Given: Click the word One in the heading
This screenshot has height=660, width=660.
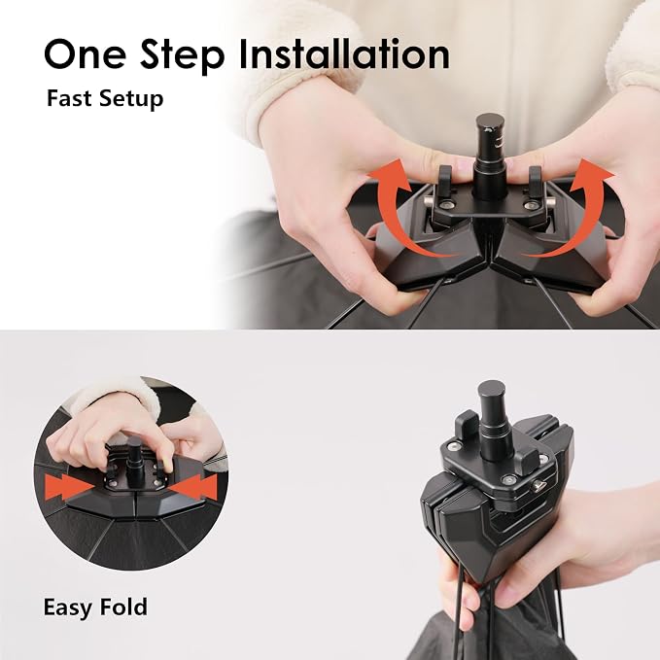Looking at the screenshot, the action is (x=85, y=53).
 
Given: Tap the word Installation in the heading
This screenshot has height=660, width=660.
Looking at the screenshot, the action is (x=344, y=53).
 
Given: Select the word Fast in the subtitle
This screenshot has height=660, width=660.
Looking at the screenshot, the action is (x=69, y=98).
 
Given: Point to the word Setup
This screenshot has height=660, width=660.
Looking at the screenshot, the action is (x=131, y=100).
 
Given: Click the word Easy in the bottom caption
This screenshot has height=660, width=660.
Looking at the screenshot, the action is (x=66, y=608).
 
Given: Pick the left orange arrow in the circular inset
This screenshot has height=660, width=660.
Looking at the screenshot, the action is (x=69, y=487).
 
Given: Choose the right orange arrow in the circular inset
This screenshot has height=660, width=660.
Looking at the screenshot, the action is (x=194, y=487).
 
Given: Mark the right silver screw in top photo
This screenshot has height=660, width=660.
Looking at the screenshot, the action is (x=529, y=205).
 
